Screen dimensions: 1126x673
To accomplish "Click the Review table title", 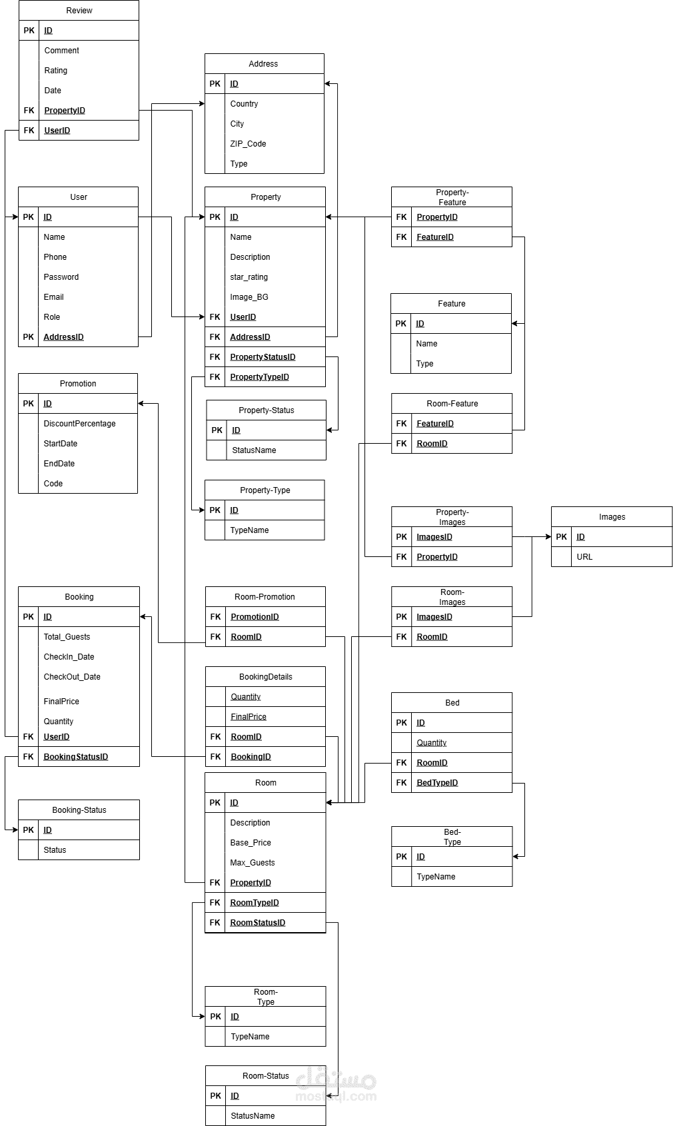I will [x=79, y=11].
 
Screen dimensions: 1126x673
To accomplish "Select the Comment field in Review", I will [x=61, y=51].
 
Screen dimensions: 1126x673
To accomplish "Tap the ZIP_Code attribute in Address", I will [x=248, y=144].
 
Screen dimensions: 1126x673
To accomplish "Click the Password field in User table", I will [x=61, y=277].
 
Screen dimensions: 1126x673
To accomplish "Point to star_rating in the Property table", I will [x=249, y=277].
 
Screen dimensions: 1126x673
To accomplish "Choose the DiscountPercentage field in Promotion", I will [x=79, y=424].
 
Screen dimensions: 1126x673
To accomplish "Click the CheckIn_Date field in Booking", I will [x=69, y=657].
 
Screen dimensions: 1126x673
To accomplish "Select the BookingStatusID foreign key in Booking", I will [x=75, y=757].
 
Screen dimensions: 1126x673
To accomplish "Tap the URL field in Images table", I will [x=584, y=557].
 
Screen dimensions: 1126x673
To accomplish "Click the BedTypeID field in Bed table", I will [x=437, y=783].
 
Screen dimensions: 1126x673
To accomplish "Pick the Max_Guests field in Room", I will [x=253, y=863].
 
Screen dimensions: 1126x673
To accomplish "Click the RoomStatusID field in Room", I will [x=258, y=923].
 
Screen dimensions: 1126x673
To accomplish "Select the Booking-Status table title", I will [x=79, y=810].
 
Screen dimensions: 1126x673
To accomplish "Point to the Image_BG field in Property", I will [x=249, y=297].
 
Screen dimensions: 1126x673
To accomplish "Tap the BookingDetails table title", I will [x=266, y=677].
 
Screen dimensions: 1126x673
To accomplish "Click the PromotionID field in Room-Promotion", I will [x=255, y=617].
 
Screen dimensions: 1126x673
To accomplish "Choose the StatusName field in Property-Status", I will [x=254, y=450].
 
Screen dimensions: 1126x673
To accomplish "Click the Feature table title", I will [x=452, y=304].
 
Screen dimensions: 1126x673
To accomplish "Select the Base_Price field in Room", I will [x=251, y=843].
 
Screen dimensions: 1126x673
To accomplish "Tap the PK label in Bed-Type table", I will [x=401, y=857].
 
